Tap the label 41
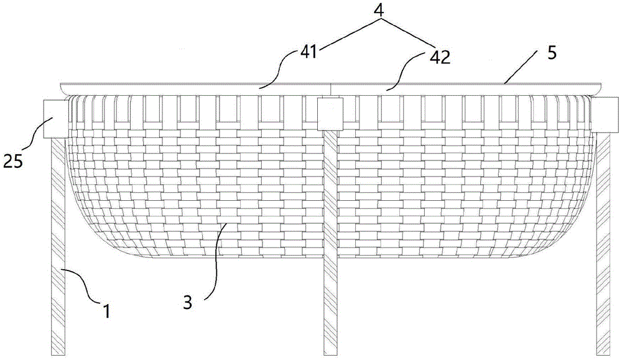(x=309, y=52)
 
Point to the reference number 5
(x=552, y=53)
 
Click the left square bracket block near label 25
(x=54, y=118)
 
